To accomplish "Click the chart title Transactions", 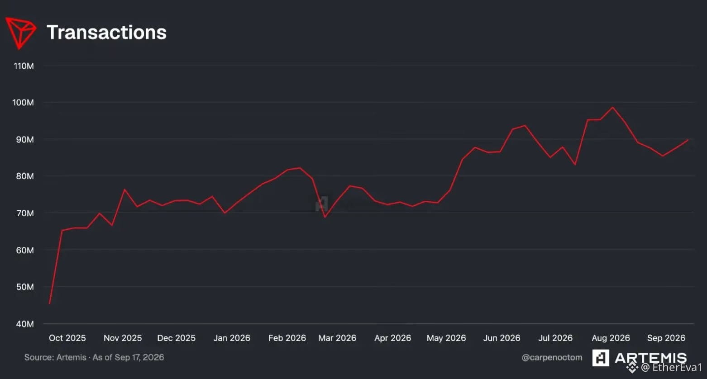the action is point(107,33).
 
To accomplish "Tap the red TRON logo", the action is point(21,33).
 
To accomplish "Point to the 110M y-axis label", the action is point(24,66).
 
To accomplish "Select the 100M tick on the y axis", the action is point(23,103).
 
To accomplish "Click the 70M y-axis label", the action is point(24,213).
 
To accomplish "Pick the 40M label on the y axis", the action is point(24,324).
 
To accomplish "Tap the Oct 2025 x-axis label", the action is point(67,338).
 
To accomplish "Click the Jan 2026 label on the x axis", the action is point(232,338).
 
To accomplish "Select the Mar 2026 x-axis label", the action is point(337,338).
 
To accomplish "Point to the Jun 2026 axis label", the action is point(502,338).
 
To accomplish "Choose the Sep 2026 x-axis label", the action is point(666,338).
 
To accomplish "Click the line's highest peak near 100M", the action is point(613,107).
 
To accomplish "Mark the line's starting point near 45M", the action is point(49,303).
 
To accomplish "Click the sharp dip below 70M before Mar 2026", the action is point(325,217).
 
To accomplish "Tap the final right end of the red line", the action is point(688,140).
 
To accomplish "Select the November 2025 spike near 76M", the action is point(124,189).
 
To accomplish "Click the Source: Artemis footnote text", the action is point(94,357).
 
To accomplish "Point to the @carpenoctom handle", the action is point(552,357).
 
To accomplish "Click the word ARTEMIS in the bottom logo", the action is point(650,358).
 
